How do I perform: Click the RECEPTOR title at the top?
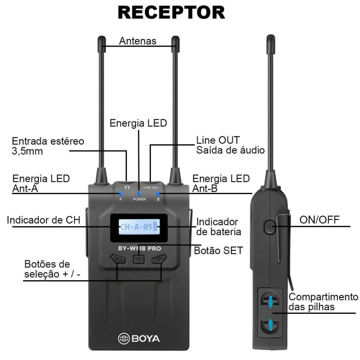pos(171,13)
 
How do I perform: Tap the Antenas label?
pos(137,41)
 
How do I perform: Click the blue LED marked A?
pos(120,193)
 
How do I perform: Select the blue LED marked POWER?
pos(139,193)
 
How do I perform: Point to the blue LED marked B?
pos(158,193)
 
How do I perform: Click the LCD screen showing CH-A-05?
pos(139,227)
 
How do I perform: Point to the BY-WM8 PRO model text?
pos(140,248)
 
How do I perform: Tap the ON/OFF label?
pos(319,220)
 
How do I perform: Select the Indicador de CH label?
pos(44,220)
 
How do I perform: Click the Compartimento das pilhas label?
pos(323,301)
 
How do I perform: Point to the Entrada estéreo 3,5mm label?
pos(48,146)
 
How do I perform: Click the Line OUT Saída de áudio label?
pos(230,145)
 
